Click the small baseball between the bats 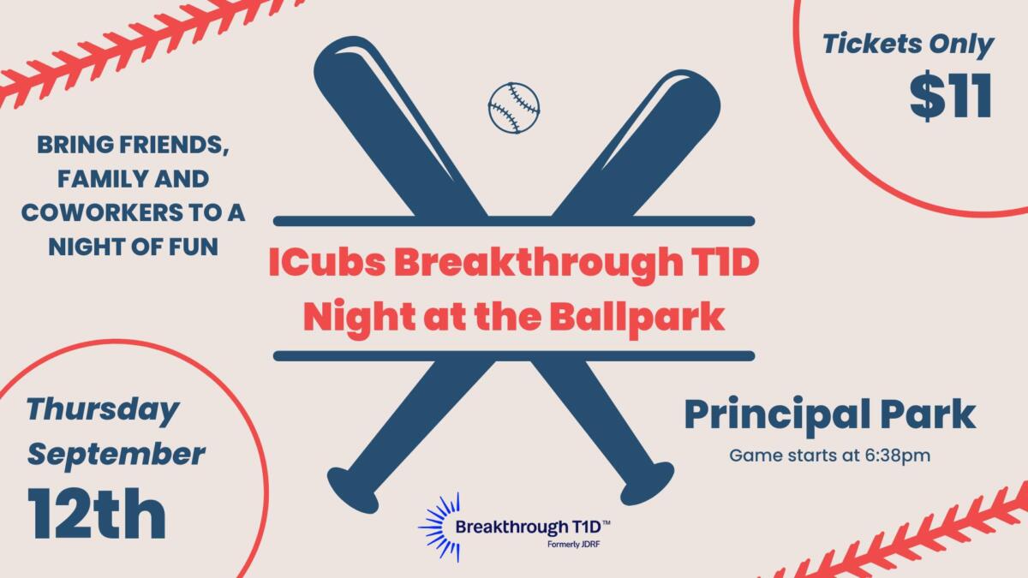click(514, 108)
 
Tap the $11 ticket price click(951, 96)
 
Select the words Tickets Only click(908, 45)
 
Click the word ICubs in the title click(327, 262)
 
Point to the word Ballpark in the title click(637, 317)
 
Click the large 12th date click(97, 514)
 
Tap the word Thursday click(103, 410)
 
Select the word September click(117, 455)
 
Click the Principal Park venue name click(830, 415)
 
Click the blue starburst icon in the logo click(439, 527)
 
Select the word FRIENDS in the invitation click(174, 146)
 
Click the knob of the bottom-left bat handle click(352, 490)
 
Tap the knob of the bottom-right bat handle click(648, 483)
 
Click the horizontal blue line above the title click(514, 221)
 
